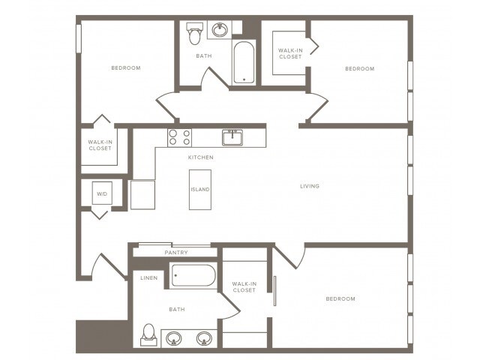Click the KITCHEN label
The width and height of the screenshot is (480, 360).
201,157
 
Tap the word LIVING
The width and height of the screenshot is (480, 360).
310,186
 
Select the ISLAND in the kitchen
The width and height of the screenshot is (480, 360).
199,189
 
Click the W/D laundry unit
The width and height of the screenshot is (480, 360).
102,193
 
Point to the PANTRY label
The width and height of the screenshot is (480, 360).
176,253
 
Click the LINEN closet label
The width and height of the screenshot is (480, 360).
150,278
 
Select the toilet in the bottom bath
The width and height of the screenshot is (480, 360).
148,333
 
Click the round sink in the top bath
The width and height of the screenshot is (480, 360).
220,30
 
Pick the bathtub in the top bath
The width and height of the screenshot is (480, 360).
244,63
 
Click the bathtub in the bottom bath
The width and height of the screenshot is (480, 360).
193,275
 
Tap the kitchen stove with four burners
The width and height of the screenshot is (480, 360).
179,137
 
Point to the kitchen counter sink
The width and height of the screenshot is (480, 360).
232,136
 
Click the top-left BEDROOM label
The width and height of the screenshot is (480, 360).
126,68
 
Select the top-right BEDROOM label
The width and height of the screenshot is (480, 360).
359,69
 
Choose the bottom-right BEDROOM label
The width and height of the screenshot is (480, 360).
340,298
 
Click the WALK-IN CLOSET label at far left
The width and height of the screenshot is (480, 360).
100,145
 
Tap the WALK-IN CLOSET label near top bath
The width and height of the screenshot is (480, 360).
290,53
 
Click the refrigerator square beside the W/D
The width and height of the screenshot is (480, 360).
142,194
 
